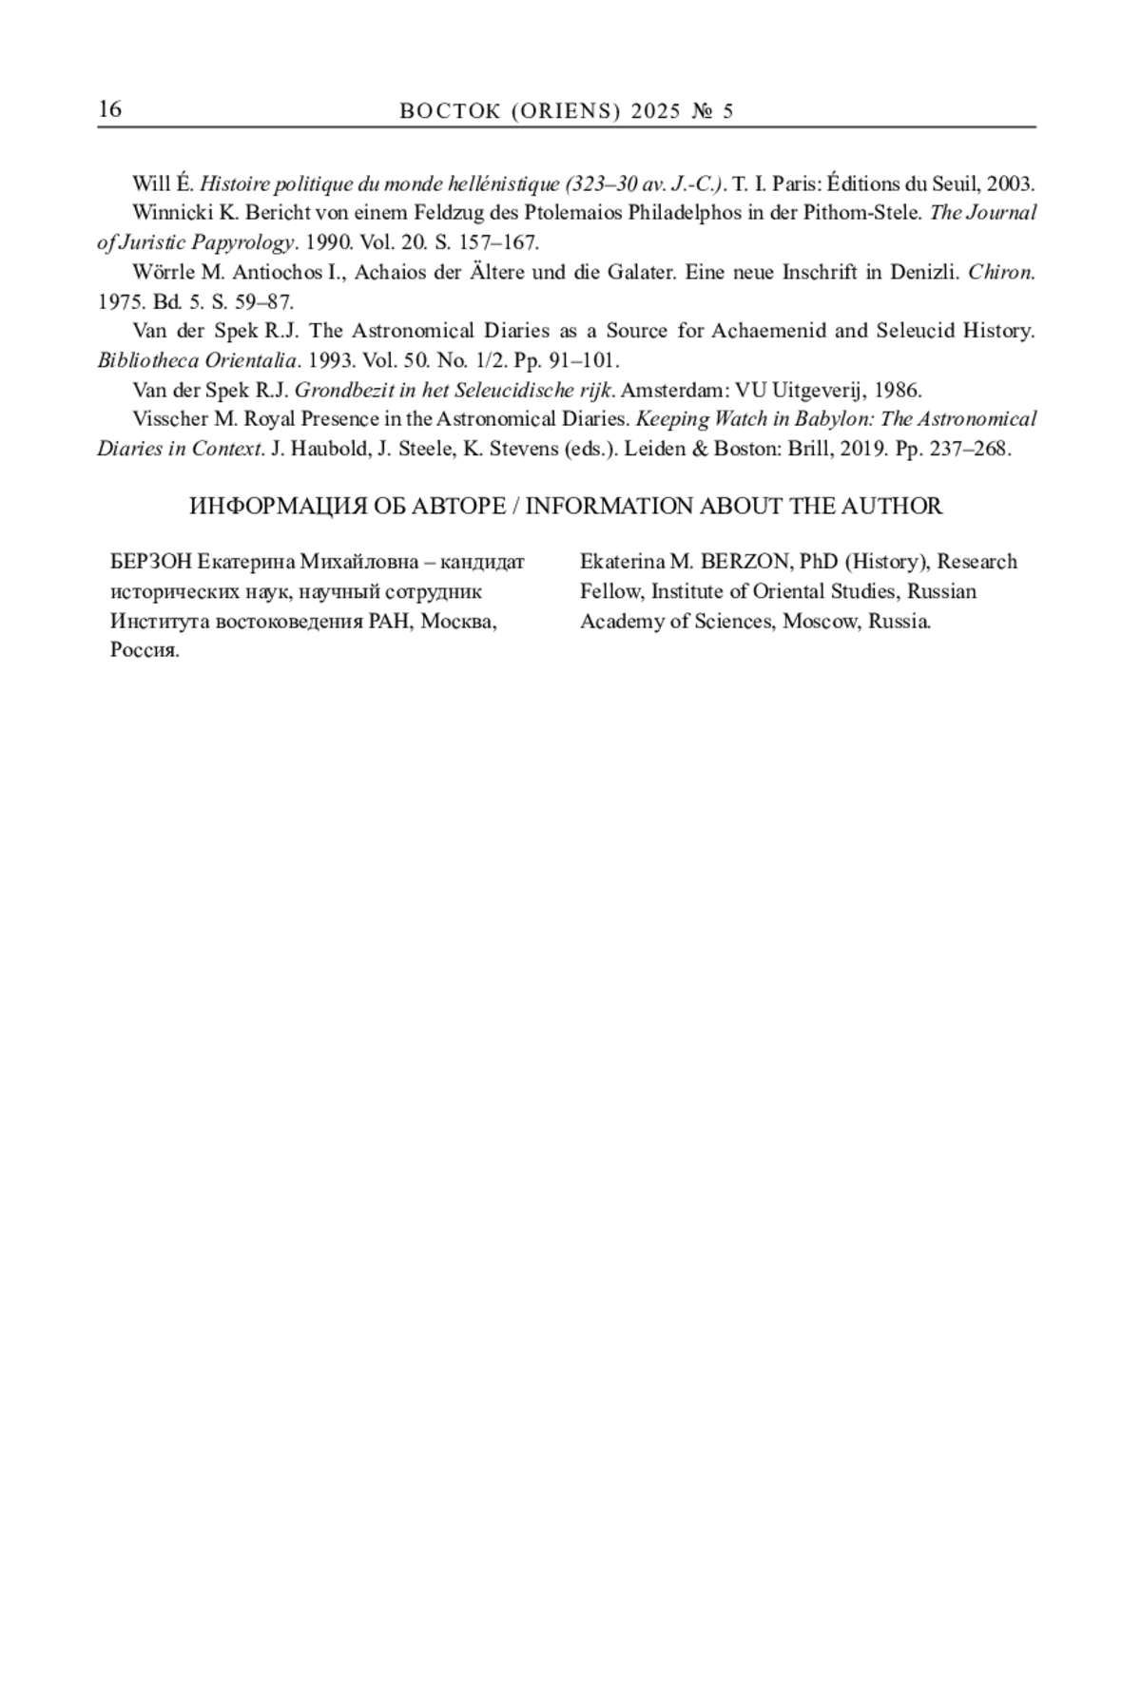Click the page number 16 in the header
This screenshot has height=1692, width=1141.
[109, 109]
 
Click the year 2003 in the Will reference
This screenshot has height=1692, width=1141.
[1011, 183]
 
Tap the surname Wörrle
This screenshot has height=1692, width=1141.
[164, 273]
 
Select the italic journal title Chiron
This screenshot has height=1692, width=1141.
[1000, 273]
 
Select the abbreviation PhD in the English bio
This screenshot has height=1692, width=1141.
[819, 562]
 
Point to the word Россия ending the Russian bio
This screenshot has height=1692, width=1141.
[145, 651]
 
